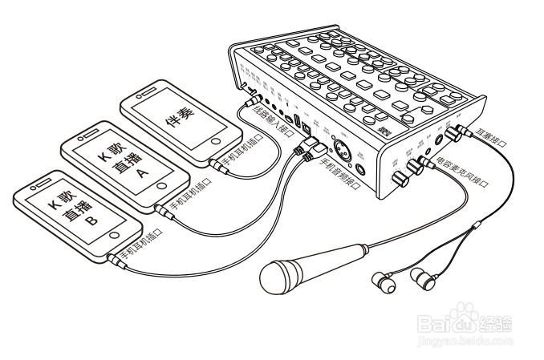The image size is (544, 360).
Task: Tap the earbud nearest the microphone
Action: click(x=383, y=281)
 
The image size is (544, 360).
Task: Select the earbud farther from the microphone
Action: click(x=423, y=280)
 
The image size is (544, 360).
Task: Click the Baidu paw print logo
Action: click(x=461, y=320)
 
